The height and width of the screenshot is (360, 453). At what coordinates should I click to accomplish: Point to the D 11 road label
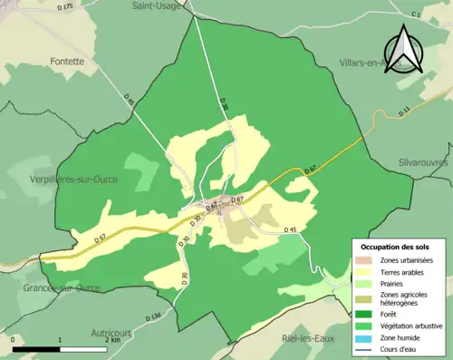404,111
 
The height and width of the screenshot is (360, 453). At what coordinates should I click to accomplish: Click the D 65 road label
128,103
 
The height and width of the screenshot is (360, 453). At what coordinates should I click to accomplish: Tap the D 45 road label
290,230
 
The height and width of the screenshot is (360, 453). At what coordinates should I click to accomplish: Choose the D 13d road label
151,316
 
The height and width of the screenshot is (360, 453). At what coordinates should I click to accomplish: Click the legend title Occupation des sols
395,247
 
